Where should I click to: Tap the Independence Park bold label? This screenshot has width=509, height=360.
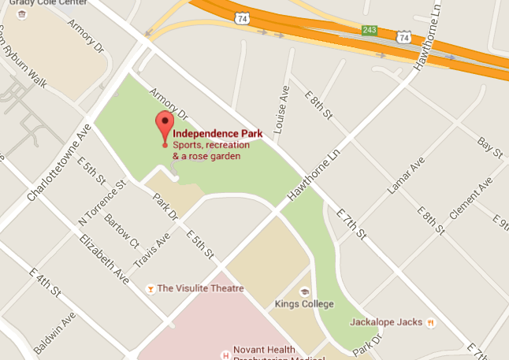211,134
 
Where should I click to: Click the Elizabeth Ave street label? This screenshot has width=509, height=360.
103,258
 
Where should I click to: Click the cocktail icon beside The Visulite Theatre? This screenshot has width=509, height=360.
149,289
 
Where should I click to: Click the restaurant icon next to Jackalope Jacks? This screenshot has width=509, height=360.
430,322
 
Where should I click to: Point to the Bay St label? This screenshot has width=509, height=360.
490,147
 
